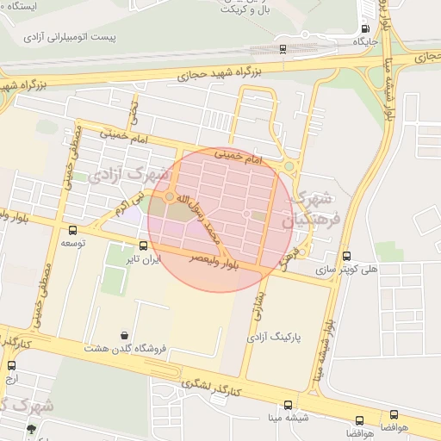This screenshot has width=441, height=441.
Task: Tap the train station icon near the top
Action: (284, 48)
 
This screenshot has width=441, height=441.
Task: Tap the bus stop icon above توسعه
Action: (71, 230)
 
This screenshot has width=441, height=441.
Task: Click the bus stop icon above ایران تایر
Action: (143, 245)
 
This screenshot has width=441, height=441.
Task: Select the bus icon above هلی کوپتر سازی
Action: (346, 256)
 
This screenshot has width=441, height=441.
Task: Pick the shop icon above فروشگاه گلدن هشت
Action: (126, 335)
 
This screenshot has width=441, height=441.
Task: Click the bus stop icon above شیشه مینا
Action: (288, 405)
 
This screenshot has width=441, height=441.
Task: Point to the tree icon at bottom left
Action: (32, 428)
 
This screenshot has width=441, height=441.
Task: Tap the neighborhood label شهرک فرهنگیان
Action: (314, 209)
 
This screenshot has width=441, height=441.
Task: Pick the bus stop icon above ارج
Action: (11, 365)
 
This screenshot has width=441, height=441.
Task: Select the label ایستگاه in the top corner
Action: (19, 6)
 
